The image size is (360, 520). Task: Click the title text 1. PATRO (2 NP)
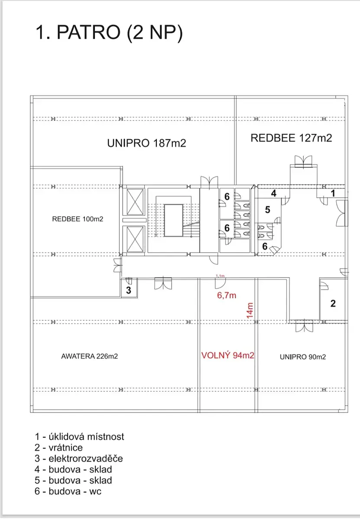pyautogui.click(x=109, y=33)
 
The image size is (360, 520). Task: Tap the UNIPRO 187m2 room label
pyautogui.click(x=146, y=143)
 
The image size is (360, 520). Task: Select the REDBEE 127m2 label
pyautogui.click(x=291, y=138)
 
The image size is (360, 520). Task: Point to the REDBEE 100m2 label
pyautogui.click(x=78, y=219)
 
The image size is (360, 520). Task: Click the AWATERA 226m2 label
pyautogui.click(x=90, y=356)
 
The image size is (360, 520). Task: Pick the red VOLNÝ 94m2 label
pyautogui.click(x=228, y=355)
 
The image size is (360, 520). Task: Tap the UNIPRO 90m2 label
pyautogui.click(x=303, y=357)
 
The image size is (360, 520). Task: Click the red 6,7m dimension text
pyautogui.click(x=227, y=295)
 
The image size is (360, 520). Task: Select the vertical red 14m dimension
pyautogui.click(x=250, y=311)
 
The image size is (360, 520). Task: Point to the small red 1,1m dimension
pyautogui.click(x=220, y=276)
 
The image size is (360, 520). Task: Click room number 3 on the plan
pyautogui.click(x=129, y=290)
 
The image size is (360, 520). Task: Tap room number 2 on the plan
pyautogui.click(x=333, y=303)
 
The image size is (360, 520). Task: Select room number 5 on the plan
pyautogui.click(x=268, y=210)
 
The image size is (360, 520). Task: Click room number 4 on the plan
pyautogui.click(x=274, y=193)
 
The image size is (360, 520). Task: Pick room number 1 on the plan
pyautogui.click(x=333, y=193)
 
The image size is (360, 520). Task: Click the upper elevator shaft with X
pyautogui.click(x=135, y=202)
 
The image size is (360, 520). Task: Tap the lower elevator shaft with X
pyautogui.click(x=135, y=239)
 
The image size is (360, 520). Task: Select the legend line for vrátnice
pyautogui.click(x=59, y=448)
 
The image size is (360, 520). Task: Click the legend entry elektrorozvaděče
pyautogui.click(x=79, y=458)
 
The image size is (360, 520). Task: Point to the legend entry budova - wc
pyautogui.click(x=68, y=491)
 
